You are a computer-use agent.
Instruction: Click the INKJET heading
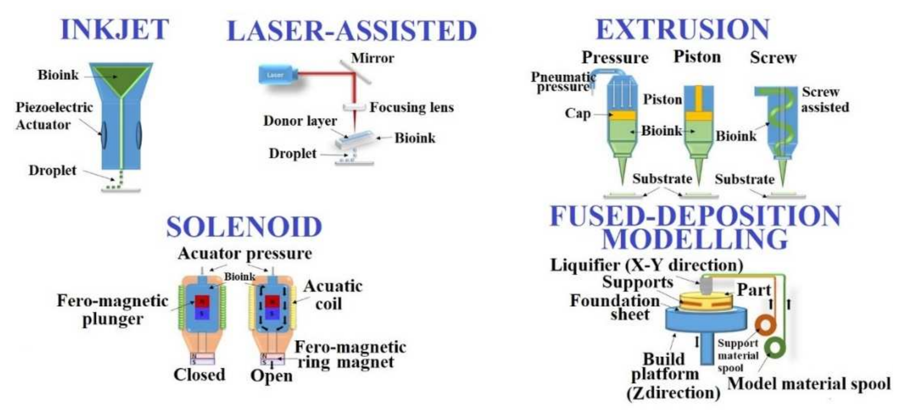click(x=115, y=29)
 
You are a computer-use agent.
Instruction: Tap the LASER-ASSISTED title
click(x=351, y=31)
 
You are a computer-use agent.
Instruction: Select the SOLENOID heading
click(x=244, y=226)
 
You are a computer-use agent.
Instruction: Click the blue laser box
click(x=277, y=75)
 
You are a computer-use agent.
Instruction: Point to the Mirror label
click(x=373, y=58)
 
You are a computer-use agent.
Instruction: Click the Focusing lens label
click(x=411, y=108)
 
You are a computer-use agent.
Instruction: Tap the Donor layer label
click(x=300, y=121)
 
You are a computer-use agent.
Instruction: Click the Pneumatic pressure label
click(x=563, y=82)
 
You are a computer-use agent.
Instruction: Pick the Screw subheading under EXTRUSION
click(x=773, y=57)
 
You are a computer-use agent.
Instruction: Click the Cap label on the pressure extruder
click(x=577, y=113)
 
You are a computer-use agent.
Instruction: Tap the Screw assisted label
click(x=824, y=99)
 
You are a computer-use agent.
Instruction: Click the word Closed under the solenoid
click(x=199, y=375)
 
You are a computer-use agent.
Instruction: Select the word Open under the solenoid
click(x=271, y=375)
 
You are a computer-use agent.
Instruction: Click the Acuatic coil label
click(x=332, y=295)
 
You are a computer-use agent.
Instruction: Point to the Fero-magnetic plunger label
click(x=112, y=310)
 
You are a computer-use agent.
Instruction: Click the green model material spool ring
click(x=774, y=347)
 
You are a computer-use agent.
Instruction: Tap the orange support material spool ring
click(x=765, y=325)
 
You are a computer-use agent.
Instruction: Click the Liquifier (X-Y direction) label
click(x=646, y=265)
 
